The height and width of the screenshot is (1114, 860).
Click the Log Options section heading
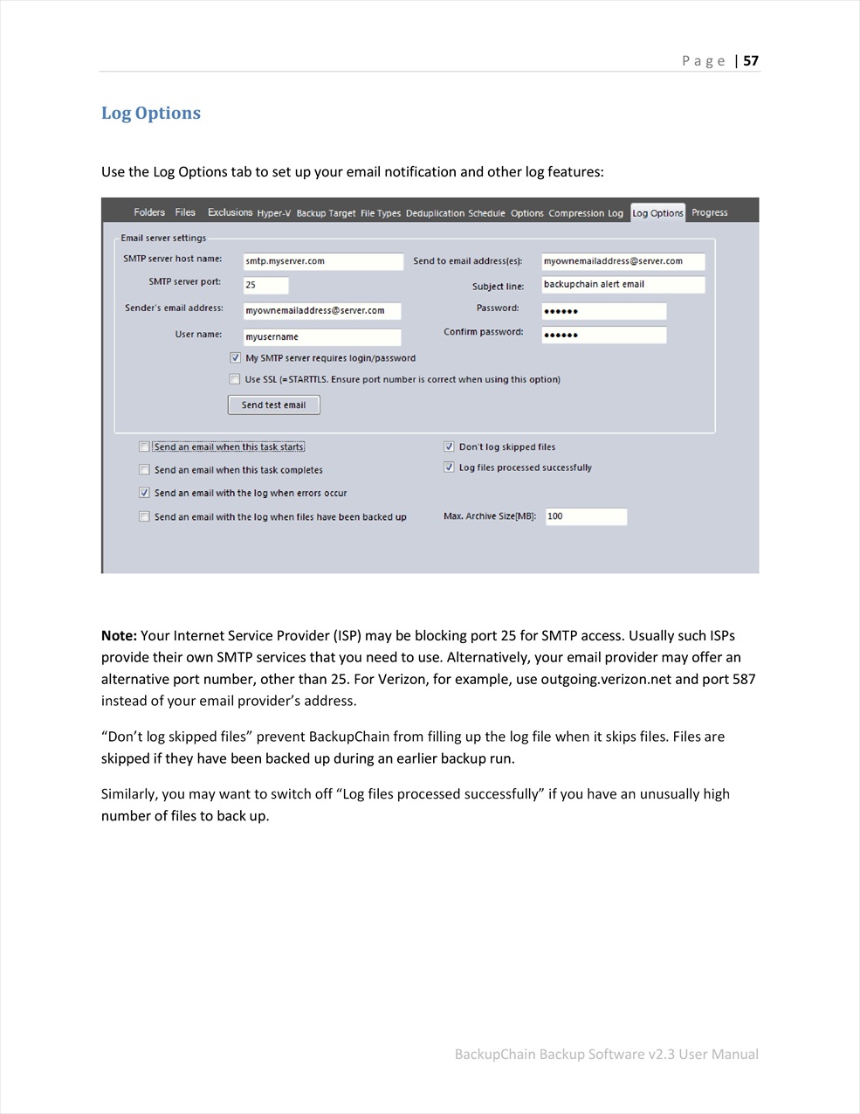(x=151, y=113)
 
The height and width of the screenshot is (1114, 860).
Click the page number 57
(x=751, y=60)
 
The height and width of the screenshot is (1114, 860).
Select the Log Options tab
(x=657, y=212)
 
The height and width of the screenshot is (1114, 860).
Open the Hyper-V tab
(x=274, y=213)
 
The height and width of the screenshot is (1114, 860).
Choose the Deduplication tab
(x=435, y=213)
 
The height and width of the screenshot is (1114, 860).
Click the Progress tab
(x=709, y=212)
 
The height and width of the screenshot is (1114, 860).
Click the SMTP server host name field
(x=322, y=261)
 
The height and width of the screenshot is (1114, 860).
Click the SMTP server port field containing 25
(x=265, y=285)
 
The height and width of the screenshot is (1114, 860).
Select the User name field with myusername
(x=322, y=336)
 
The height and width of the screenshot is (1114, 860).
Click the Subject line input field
(x=622, y=284)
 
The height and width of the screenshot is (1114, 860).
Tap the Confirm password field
(x=603, y=335)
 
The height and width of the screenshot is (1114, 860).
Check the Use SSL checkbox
(x=235, y=379)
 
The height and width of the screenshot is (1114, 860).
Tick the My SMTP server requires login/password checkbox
(x=236, y=357)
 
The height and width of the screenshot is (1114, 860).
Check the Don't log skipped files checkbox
(x=449, y=446)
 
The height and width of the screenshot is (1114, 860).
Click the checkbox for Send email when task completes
(x=144, y=470)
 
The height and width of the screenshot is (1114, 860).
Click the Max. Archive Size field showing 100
(x=586, y=516)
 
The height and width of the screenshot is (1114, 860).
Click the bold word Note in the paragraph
(x=119, y=635)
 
